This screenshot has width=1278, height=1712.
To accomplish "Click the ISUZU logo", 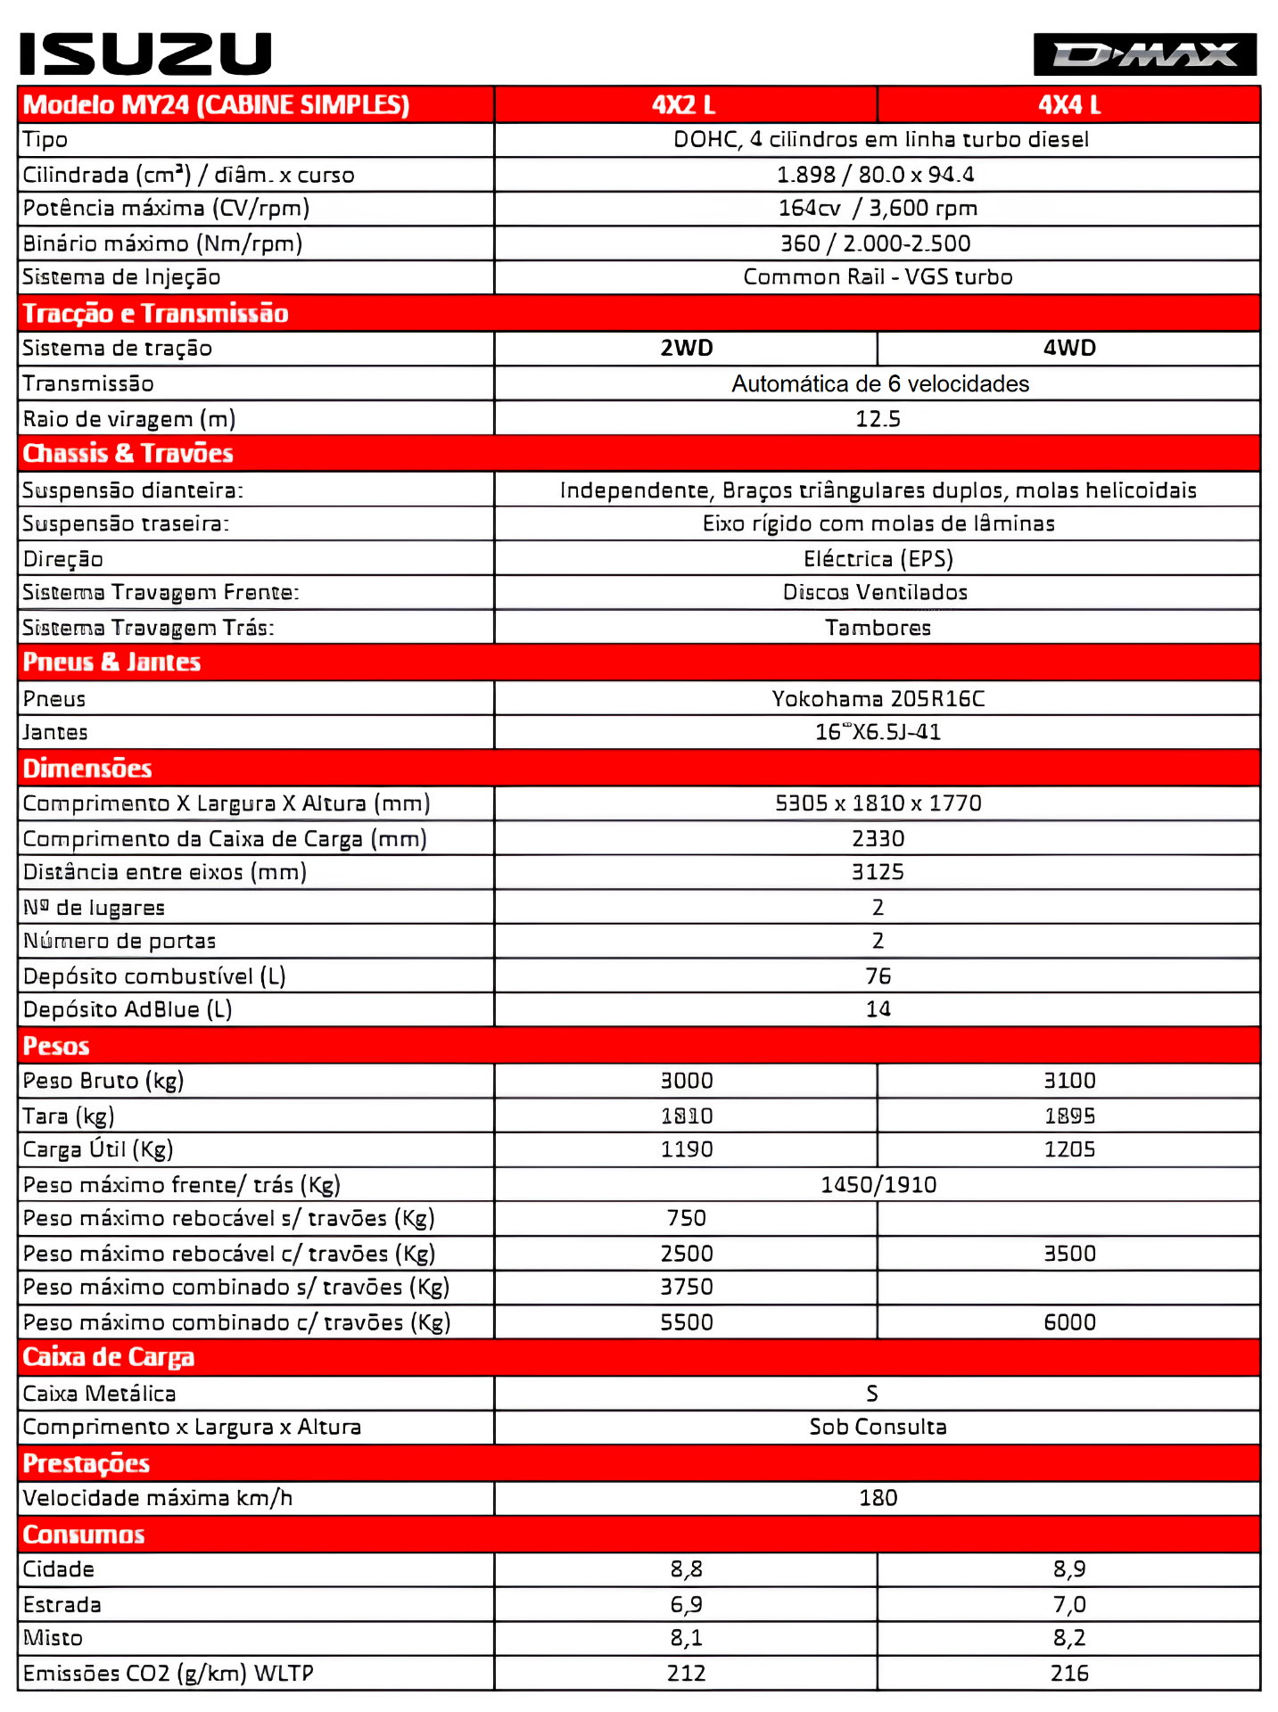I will click(x=145, y=53).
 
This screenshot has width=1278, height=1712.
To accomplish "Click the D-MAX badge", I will click(x=1144, y=54).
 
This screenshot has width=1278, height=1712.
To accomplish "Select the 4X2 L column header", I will click(x=684, y=105).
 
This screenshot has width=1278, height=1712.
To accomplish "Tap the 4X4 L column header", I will click(x=1068, y=105).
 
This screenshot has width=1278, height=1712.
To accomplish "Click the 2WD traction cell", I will click(x=686, y=348).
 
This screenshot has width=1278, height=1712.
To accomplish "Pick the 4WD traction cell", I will click(x=1068, y=348).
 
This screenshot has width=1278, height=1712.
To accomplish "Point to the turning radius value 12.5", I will click(x=878, y=419).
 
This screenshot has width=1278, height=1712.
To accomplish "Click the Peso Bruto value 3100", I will click(x=1069, y=1081).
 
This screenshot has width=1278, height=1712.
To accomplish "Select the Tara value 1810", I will click(x=686, y=1115).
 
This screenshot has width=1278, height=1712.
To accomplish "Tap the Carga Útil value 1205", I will click(x=1069, y=1149).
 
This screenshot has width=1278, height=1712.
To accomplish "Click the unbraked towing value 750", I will click(x=686, y=1218).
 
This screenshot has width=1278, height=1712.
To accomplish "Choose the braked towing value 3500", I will click(x=1069, y=1254).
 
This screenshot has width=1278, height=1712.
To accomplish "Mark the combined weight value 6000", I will click(x=1069, y=1322).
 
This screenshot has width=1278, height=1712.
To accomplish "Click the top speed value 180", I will click(x=878, y=1498).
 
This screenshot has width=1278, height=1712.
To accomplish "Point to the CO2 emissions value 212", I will click(x=686, y=1674).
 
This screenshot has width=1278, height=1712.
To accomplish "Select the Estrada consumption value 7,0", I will click(x=1069, y=1605).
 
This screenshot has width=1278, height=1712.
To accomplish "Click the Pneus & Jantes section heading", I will click(x=112, y=663).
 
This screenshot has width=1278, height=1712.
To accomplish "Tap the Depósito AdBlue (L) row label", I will click(x=128, y=1009).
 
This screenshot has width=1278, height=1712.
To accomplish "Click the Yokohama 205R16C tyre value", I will click(x=878, y=698).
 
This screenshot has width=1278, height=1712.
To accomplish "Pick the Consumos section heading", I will click(x=84, y=1535).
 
